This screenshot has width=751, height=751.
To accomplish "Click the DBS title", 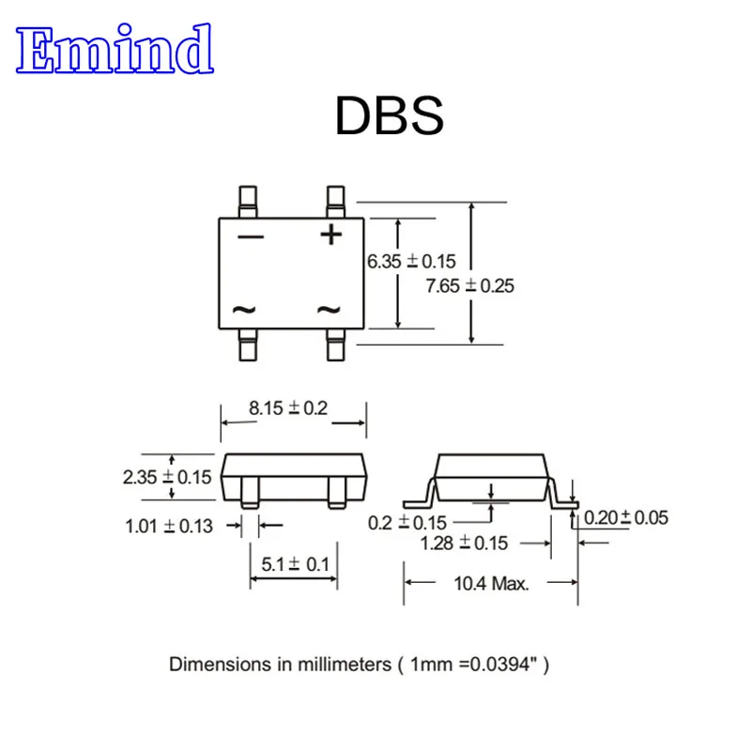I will tap(388, 117).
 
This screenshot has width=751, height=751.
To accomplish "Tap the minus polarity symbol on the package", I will tap(251, 236).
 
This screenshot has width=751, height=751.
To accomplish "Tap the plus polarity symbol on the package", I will tap(331, 233).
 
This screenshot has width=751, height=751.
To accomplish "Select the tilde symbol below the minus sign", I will tap(244, 309).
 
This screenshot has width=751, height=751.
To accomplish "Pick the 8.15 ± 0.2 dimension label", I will tap(288, 408).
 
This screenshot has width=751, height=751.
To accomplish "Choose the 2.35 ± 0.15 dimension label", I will tap(167, 477).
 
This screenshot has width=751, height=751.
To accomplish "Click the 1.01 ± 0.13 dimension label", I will tap(169, 526).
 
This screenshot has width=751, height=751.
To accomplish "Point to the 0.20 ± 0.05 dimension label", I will tap(626, 517).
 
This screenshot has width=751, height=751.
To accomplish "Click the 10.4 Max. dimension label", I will tap(491, 583).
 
